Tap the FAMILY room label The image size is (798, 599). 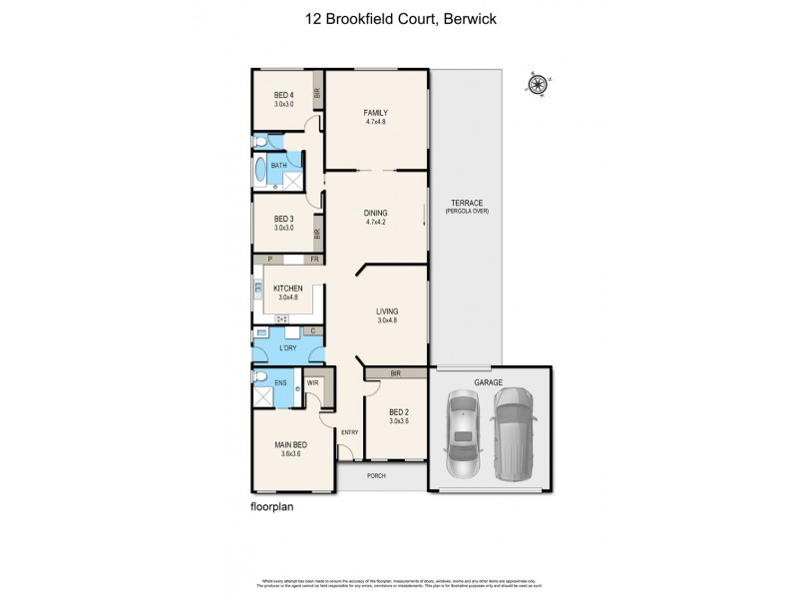375,112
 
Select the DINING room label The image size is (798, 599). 375,213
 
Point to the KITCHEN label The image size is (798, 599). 288,289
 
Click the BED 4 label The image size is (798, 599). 284,96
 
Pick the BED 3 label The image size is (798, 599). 284,219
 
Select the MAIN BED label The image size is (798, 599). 290,446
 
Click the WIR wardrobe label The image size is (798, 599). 312,382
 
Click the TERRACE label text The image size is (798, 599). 466,203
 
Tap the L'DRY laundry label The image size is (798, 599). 289,348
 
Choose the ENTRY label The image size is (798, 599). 349,432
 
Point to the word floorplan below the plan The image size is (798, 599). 272,506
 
